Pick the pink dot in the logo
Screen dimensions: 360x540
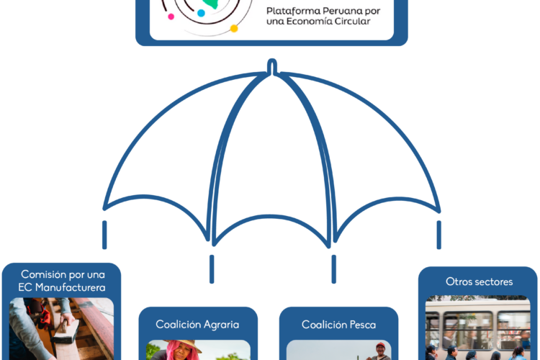[x=171, y=16]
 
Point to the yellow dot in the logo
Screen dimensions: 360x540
[x=234, y=28]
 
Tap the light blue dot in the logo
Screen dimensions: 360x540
[x=201, y=13]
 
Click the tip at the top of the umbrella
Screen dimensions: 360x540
[x=272, y=65]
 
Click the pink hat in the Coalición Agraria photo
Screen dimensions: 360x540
[x=179, y=348]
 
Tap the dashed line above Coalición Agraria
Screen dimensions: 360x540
[x=212, y=268]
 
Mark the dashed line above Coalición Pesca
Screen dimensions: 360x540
[x=333, y=268]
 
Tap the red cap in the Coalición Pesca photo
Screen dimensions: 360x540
[x=380, y=347]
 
